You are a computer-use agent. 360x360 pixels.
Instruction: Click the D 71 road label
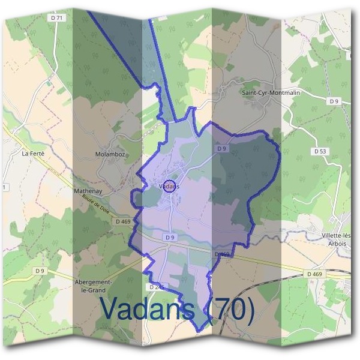point(57,18)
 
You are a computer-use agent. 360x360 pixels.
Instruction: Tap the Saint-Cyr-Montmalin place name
point(271,93)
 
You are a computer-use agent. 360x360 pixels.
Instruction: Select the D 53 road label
point(320,151)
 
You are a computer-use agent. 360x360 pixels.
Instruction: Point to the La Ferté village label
point(33,153)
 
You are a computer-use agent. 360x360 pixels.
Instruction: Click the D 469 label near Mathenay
point(122,221)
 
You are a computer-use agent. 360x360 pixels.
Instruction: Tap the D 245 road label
point(155,287)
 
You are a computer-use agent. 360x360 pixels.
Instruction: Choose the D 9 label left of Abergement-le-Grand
point(40,271)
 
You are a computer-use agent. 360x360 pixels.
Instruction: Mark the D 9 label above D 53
point(334,101)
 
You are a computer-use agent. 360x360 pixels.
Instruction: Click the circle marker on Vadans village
point(170,186)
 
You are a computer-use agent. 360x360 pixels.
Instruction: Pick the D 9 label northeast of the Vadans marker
point(221,148)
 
